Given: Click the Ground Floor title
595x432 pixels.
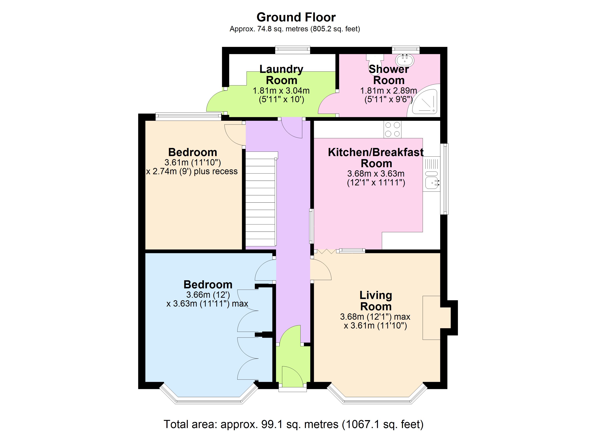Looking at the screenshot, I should pos(296,17).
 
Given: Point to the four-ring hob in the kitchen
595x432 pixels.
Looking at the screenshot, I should pos(393,129).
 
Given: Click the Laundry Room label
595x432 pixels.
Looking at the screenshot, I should pos(281,75).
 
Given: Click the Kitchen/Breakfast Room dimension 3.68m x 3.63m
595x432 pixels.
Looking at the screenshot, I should pos(376,173).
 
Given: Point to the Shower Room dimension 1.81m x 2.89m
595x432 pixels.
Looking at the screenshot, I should pos(388,91).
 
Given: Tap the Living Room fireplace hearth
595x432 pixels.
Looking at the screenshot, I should pos(431,318).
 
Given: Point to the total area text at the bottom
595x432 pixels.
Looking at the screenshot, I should pos(294,424).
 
